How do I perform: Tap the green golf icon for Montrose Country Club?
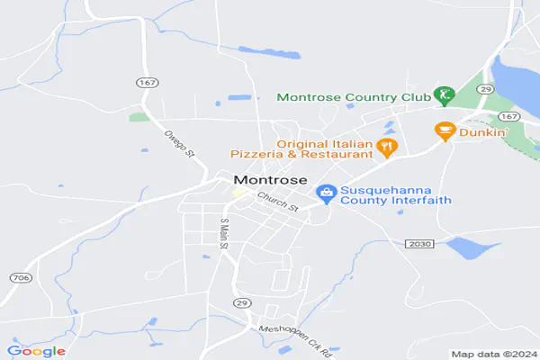[442, 94]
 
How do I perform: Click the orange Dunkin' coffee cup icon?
[444, 131]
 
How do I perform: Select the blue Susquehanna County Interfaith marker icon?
[326, 193]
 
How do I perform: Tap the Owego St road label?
[179, 142]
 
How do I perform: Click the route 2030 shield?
[419, 244]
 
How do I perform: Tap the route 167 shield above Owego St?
[148, 83]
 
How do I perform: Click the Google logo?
[36, 351]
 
